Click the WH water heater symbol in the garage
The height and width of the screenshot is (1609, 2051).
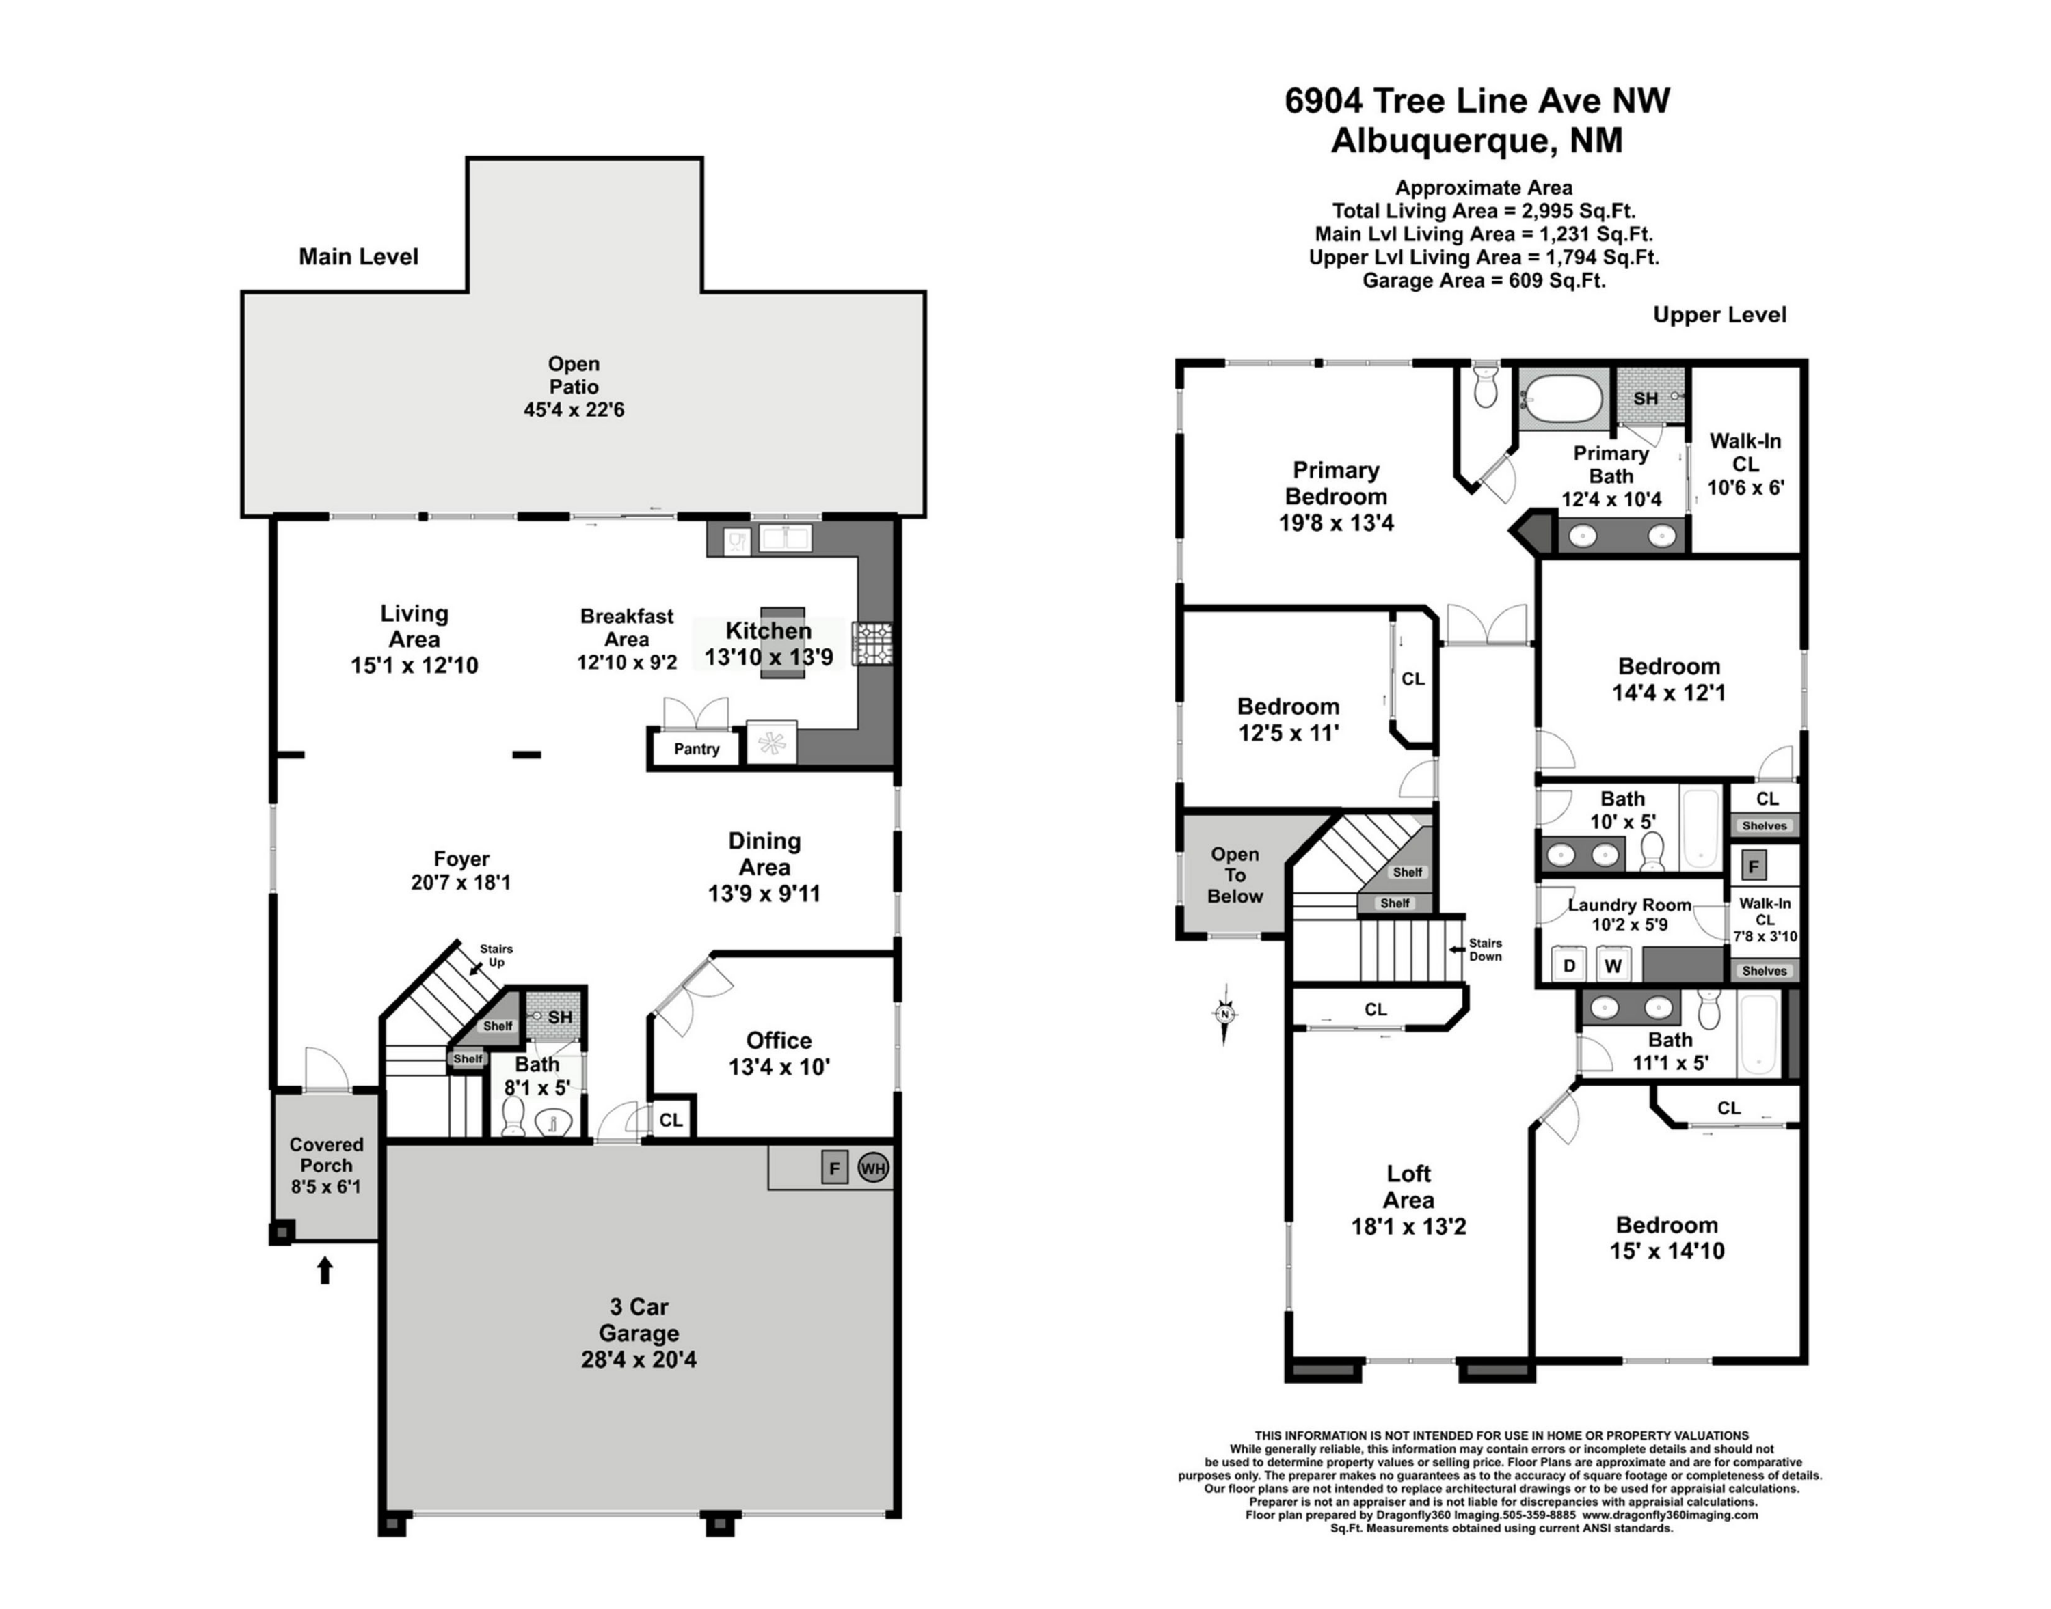873,1169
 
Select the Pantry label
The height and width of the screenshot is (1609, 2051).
697,749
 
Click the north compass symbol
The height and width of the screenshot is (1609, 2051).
1224,1014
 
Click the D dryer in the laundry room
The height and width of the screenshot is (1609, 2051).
1569,965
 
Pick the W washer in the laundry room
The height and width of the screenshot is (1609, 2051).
1613,965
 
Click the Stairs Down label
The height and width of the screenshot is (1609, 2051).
1486,950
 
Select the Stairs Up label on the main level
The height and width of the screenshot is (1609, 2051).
496,955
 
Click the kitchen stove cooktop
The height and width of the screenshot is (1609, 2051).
873,644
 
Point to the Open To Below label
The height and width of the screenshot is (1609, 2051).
1235,875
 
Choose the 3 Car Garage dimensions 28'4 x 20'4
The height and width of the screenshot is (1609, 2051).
639,1360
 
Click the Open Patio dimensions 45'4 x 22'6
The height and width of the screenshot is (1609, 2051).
574,410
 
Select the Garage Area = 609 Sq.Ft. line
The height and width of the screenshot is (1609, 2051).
1484,281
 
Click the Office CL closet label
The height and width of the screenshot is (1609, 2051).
671,1120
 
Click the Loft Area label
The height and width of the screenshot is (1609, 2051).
1409,1187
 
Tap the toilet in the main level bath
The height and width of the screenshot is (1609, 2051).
513,1117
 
